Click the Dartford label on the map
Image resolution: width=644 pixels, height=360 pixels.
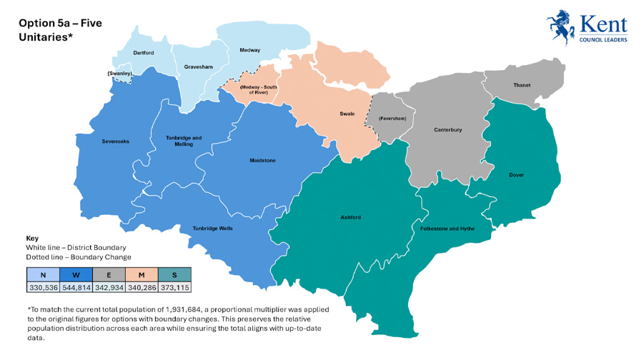point(144,52)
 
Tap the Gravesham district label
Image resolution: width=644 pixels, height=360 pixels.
point(195,66)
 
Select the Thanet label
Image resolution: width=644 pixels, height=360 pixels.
point(522,85)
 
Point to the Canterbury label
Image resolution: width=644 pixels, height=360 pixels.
point(448,130)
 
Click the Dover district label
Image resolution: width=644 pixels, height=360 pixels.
point(517,174)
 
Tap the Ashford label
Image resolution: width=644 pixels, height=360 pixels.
point(351,217)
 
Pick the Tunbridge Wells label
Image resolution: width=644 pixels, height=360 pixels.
point(212,229)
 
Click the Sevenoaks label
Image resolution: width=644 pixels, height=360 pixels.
point(115,141)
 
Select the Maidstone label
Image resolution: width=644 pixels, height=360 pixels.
point(262,161)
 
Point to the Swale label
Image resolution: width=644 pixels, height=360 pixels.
point(347,114)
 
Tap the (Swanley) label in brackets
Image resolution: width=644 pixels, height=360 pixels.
point(119,74)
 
